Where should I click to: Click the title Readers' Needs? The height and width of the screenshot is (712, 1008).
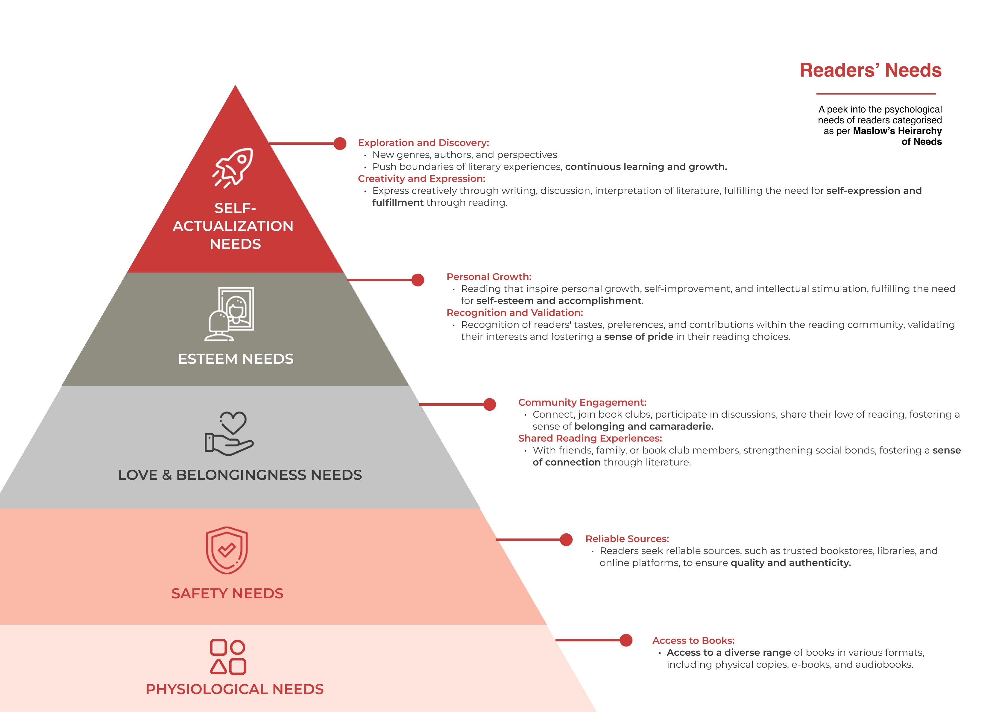(870, 70)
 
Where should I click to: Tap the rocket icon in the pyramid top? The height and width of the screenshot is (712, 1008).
(233, 168)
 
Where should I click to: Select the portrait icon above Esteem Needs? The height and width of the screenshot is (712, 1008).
(229, 314)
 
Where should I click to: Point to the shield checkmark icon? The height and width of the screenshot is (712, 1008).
(227, 550)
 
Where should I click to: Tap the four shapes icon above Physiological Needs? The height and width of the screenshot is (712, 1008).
(228, 657)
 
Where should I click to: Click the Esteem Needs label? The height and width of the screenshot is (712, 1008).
(236, 359)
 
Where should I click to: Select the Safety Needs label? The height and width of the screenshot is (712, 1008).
(227, 594)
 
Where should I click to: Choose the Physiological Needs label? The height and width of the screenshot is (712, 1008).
(234, 689)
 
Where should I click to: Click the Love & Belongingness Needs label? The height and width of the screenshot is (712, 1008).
(240, 475)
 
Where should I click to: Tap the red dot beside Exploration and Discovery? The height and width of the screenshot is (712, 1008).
(340, 144)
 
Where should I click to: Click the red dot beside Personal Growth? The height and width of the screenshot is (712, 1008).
(418, 280)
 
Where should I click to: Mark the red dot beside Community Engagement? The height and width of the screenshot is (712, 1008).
(490, 404)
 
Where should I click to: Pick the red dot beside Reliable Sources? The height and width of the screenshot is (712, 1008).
(566, 539)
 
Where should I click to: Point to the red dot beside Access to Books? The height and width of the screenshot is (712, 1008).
(626, 641)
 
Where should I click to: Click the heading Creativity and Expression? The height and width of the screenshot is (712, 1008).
(421, 179)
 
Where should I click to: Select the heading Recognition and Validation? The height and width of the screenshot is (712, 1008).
(514, 313)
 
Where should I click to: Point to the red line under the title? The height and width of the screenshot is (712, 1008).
(876, 94)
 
